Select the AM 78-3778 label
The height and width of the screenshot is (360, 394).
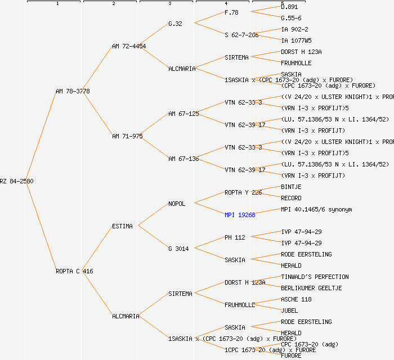(73, 91)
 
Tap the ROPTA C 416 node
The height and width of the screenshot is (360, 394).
(74, 271)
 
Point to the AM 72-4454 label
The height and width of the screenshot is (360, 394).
(129, 46)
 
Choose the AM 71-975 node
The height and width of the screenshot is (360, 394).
(127, 136)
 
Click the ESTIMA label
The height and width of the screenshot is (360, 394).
(122, 226)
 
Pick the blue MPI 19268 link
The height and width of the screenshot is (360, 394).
(240, 215)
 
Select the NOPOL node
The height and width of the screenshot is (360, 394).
(177, 204)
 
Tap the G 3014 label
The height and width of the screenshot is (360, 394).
(178, 249)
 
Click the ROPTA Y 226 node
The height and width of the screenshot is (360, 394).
(244, 192)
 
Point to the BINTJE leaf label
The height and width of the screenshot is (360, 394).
(291, 187)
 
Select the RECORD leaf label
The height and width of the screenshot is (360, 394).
(291, 198)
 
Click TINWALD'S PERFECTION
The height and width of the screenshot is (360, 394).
(315, 277)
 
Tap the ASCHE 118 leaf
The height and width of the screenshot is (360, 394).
(296, 299)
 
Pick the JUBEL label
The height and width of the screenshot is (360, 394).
(289, 310)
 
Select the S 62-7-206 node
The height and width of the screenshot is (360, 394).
(241, 35)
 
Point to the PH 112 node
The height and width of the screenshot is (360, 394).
(235, 237)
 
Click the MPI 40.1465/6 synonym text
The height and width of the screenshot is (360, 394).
(316, 209)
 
